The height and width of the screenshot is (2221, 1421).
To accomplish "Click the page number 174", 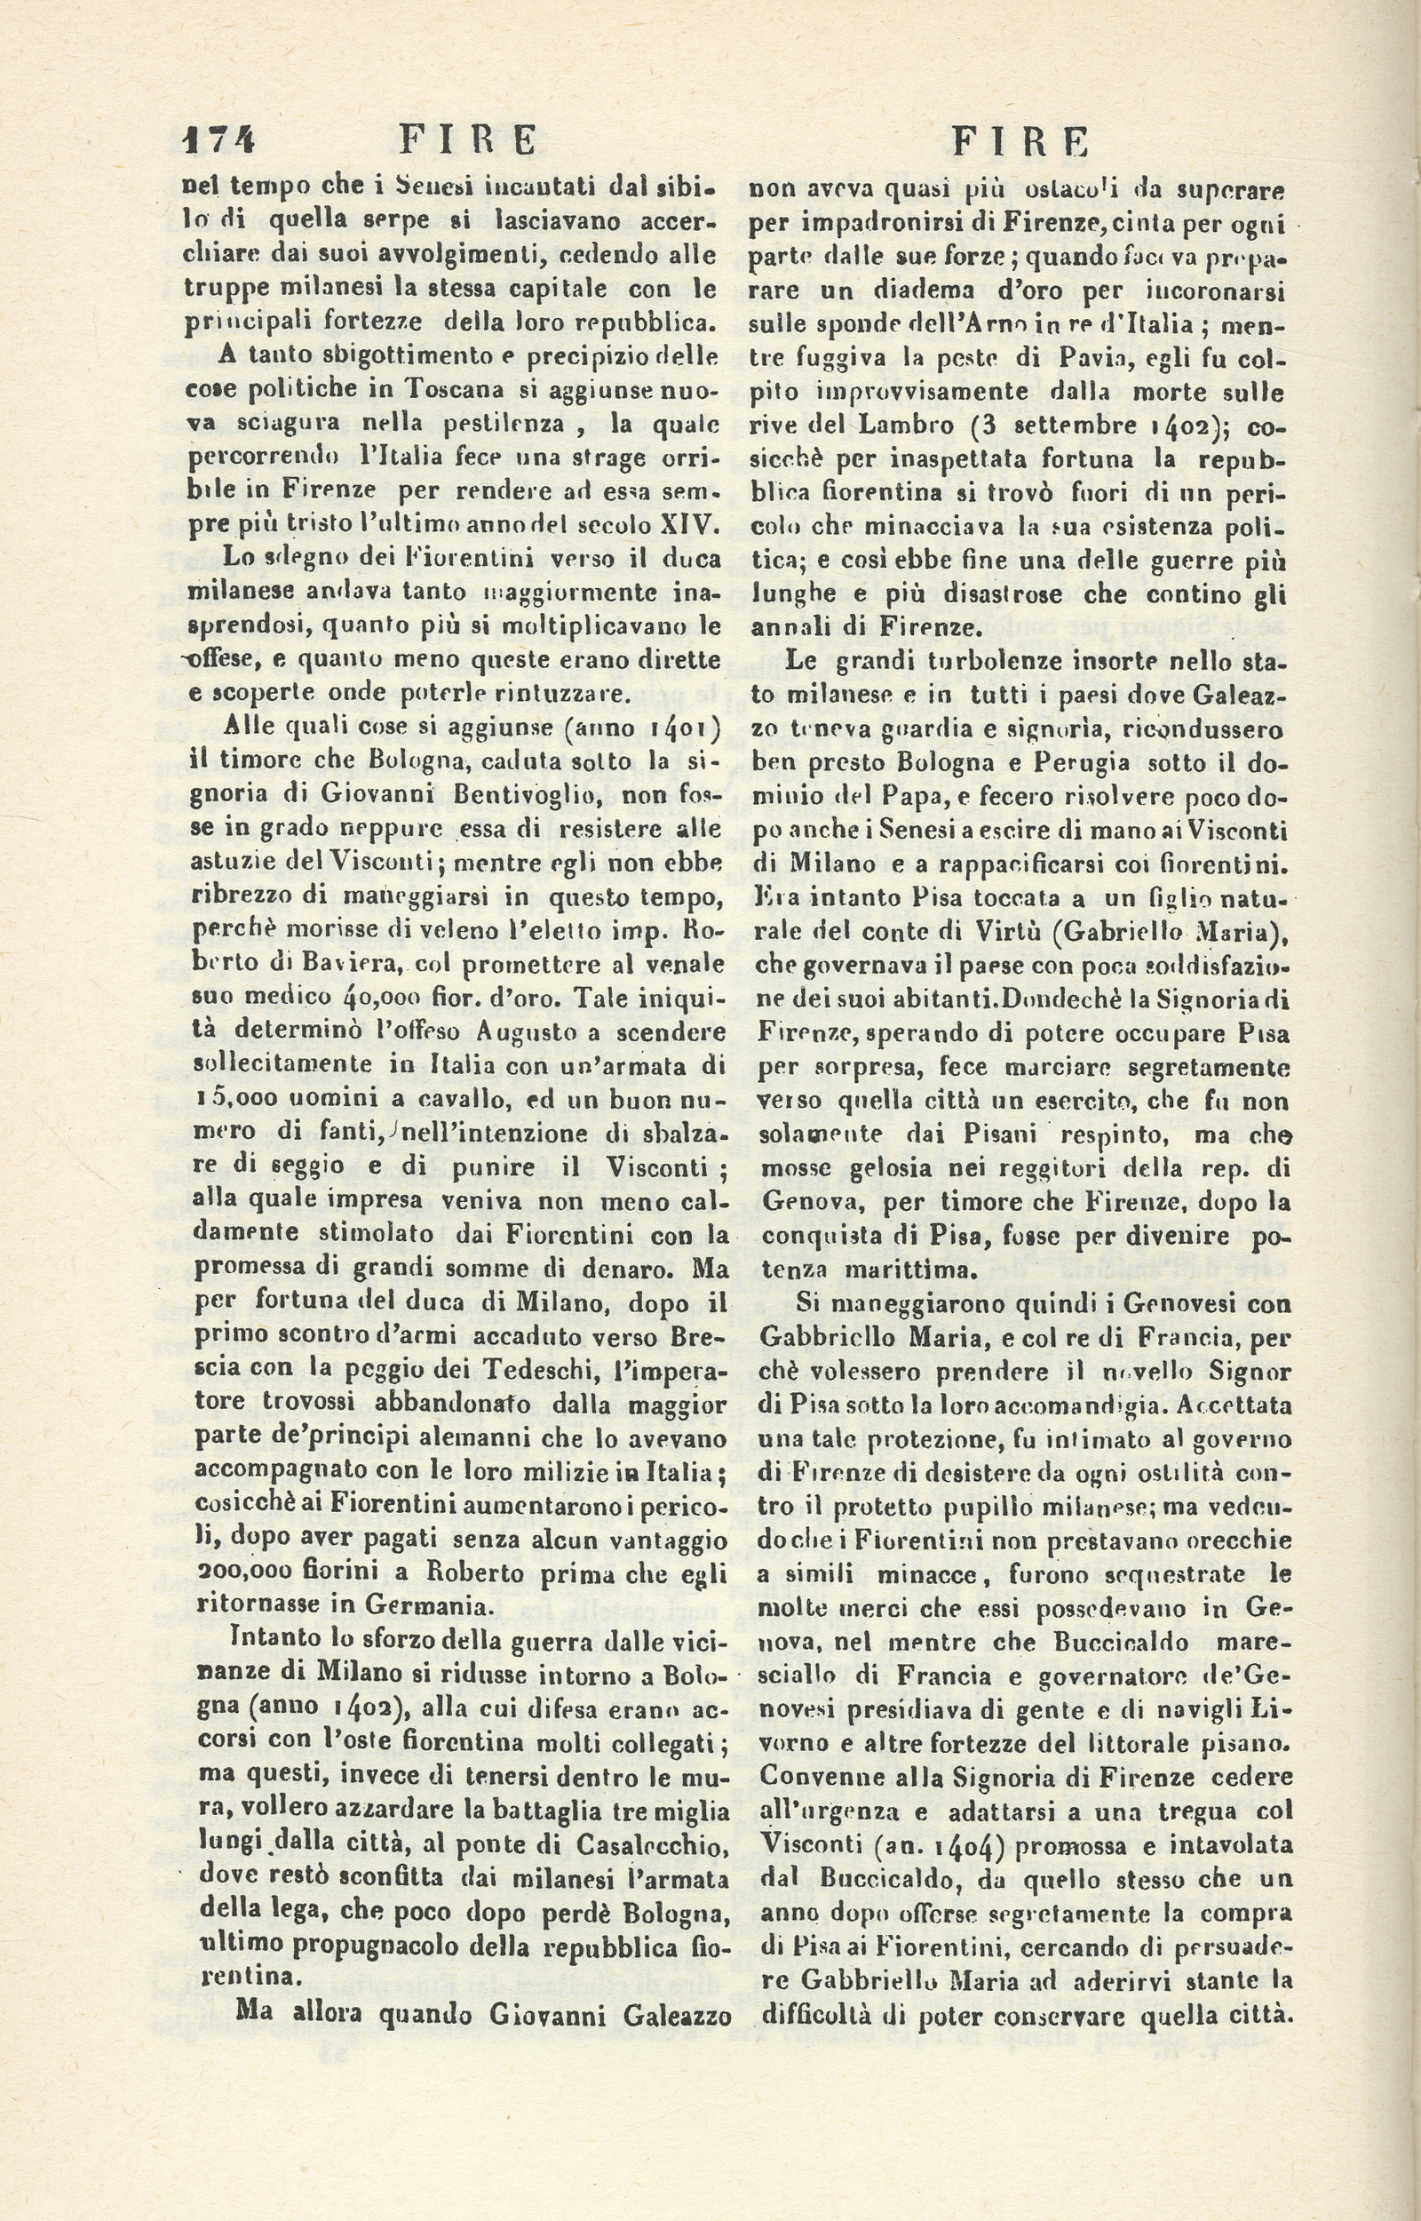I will click(219, 140).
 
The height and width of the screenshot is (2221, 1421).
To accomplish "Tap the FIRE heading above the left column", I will click(468, 140).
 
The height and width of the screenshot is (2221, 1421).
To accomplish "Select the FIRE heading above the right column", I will click(1020, 142).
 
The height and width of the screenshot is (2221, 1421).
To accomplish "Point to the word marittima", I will click(908, 1270).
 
